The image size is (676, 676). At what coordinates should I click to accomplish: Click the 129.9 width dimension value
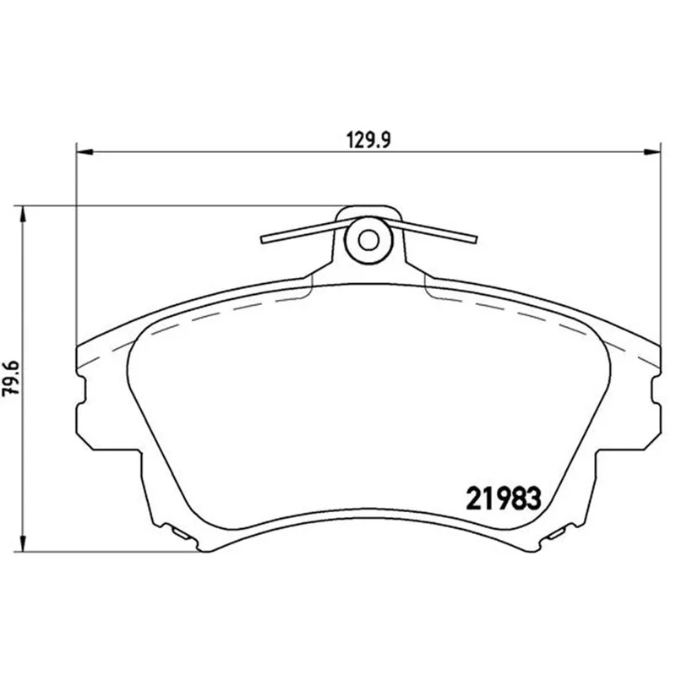click(368, 140)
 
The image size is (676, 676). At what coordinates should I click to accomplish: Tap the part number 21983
click(503, 499)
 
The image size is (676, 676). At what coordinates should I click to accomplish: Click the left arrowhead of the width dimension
click(84, 152)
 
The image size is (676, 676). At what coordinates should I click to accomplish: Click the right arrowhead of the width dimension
click(651, 152)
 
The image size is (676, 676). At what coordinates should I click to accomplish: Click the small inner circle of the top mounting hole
click(368, 241)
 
